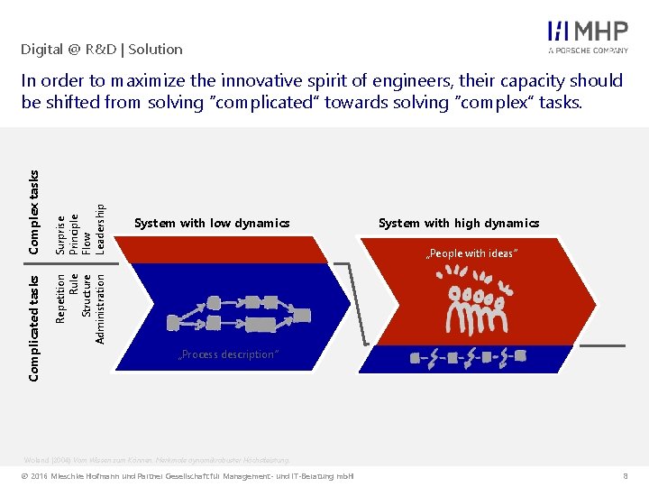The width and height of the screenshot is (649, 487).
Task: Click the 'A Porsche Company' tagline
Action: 588,51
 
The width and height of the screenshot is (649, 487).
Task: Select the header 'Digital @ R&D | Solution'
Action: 102,50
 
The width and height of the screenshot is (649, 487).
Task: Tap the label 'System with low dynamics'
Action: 212,223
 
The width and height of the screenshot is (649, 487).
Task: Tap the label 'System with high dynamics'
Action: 459,223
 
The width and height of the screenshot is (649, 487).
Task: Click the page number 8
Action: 625,475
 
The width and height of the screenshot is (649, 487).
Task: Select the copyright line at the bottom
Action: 189,475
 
